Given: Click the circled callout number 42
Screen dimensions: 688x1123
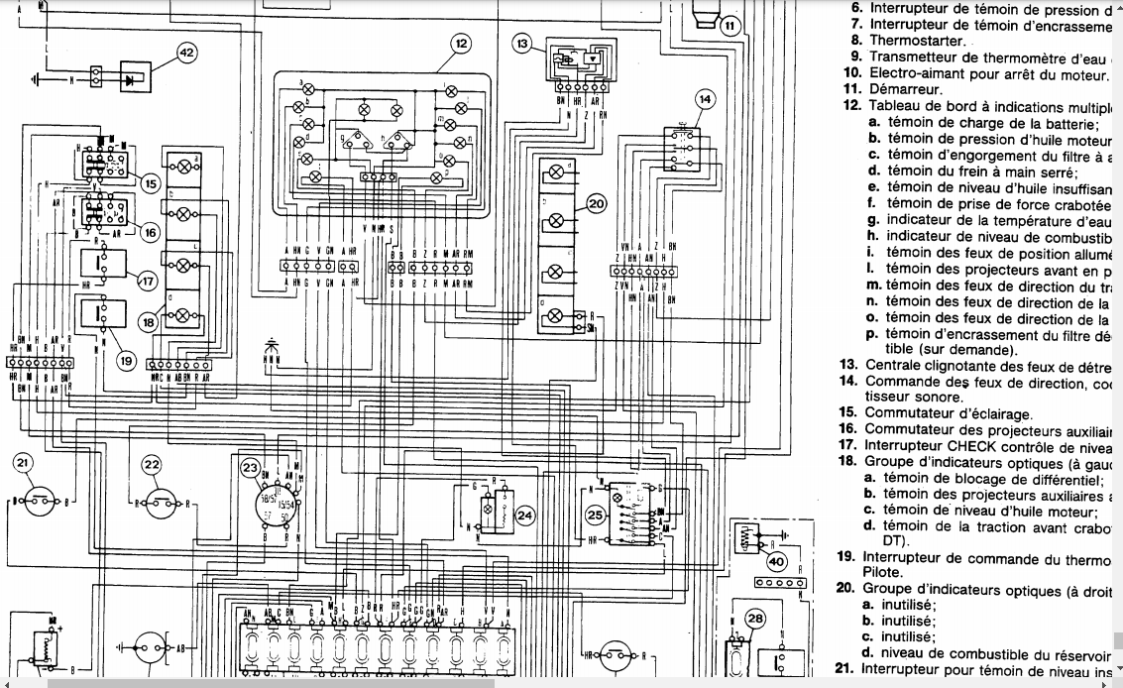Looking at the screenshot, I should pos(186,52).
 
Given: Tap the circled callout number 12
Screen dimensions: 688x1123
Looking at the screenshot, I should pos(462,43).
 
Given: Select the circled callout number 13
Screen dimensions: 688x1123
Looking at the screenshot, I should pos(523,43).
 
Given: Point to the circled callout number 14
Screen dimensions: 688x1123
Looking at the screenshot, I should pos(704,99).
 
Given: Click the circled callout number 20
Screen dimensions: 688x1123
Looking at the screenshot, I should pos(596,204).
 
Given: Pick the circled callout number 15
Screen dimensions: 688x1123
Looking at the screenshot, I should pos(150,182).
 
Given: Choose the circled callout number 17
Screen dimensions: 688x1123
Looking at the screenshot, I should pos(147,281).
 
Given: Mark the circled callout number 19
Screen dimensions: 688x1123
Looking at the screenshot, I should pos(126,361).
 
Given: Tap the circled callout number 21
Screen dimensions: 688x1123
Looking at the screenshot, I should pos(24,463).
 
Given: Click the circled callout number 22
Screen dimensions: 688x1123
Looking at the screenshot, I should pos(151,463).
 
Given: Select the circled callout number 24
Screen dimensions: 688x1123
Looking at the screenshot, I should pos(524,515).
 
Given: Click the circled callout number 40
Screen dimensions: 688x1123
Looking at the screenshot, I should pos(777,561).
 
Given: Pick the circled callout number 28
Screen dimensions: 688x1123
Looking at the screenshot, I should pos(756,621).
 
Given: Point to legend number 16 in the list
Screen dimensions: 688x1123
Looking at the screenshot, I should pos(846,428).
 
